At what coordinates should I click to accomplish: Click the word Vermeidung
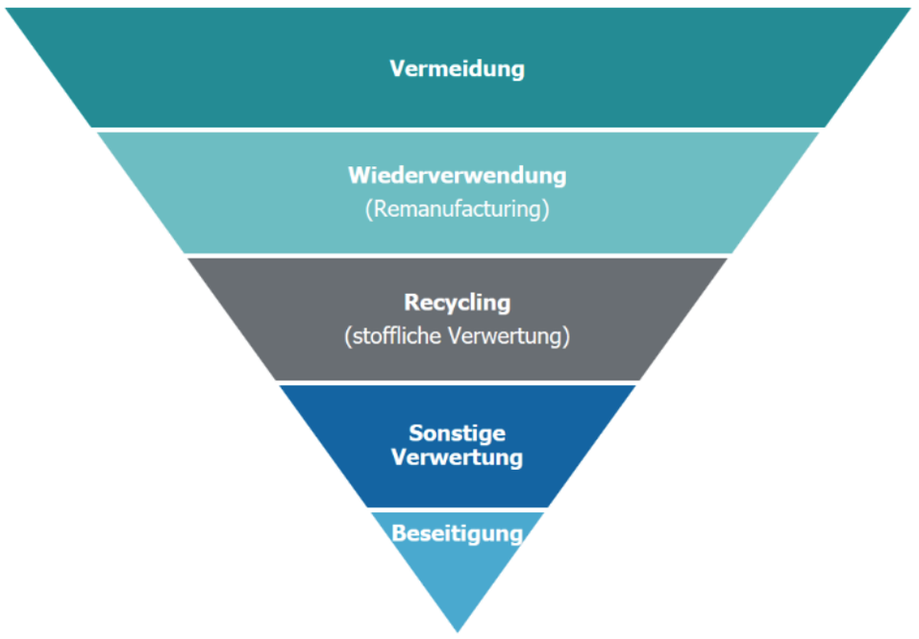tap(457, 69)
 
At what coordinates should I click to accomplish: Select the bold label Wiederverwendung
tap(457, 176)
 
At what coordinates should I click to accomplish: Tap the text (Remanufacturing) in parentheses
tap(457, 209)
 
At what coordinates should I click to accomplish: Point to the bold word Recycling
tap(457, 303)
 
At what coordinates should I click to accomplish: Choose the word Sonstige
tap(457, 432)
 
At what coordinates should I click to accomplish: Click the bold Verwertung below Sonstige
tap(457, 456)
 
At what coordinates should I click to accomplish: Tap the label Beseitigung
tap(457, 533)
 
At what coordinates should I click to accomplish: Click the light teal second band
tap(240, 192)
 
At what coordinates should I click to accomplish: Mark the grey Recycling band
tap(288, 317)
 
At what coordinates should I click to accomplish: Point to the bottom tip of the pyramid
tap(458, 629)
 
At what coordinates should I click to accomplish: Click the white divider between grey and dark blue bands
tap(457, 382)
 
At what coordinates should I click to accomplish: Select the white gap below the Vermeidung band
tap(457, 130)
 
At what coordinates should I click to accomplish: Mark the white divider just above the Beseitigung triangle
tap(457, 509)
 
